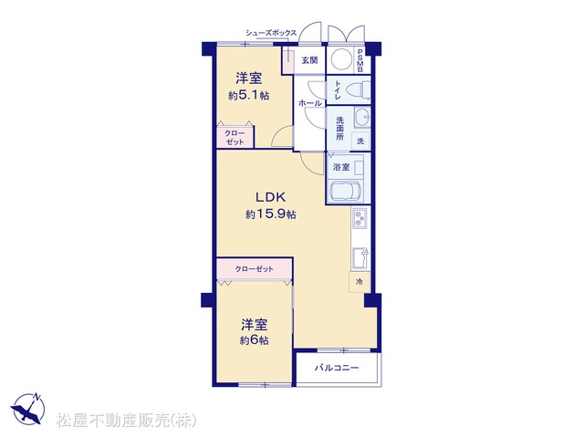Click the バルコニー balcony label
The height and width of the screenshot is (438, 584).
coord(337,368)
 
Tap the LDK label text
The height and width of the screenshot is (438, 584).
coord(270,197)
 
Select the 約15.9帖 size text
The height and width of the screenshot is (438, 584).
coord(271,214)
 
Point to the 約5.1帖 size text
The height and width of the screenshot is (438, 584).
coord(248,96)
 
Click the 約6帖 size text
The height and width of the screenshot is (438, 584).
coord(254,340)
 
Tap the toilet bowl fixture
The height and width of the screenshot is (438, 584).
coord(358,89)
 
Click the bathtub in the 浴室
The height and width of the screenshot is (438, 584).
coord(346,192)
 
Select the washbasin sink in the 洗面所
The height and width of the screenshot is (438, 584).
coord(361,118)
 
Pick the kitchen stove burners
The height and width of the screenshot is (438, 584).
coord(360,218)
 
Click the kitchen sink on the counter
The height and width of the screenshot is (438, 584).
coord(360,257)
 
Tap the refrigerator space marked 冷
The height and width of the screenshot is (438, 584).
coord(360,282)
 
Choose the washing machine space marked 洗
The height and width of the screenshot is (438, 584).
coord(360,141)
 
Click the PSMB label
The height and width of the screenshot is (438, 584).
coord(360,60)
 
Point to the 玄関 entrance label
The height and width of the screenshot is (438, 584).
coord(309,60)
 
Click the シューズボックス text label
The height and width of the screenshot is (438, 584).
coord(271,33)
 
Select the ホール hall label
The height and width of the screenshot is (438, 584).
coord(310,103)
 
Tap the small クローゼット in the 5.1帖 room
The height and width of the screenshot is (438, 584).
coord(235,137)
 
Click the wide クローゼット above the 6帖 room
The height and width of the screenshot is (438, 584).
coord(254,268)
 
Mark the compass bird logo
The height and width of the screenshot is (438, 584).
coord(28,409)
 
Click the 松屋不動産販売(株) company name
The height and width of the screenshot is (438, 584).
coord(126,421)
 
